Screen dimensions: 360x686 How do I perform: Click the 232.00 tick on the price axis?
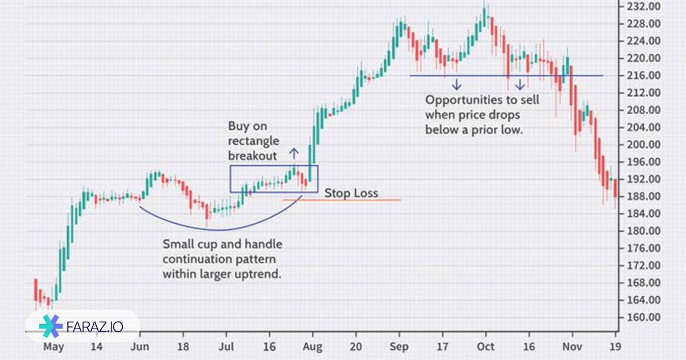644,7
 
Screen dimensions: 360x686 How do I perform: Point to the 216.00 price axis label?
644,75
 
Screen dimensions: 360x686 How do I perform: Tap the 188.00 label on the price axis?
644,197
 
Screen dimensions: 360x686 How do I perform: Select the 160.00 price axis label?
644,318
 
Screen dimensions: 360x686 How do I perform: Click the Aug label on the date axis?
313,346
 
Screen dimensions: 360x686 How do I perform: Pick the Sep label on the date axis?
400,346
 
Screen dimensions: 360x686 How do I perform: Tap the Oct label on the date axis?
486,346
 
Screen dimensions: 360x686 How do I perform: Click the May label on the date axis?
54,346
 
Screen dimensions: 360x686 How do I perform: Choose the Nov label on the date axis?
572,346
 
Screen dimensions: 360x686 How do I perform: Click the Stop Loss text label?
351,193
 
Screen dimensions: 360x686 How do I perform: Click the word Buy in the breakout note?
239,126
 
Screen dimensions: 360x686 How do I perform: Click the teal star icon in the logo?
51,326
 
